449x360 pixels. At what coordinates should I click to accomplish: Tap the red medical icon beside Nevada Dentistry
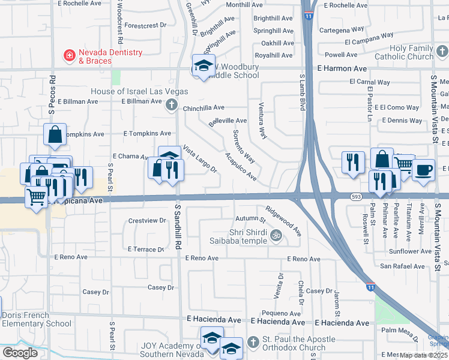pyautogui.click(x=70, y=56)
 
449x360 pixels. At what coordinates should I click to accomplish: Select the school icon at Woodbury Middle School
pyautogui.click(x=203, y=65)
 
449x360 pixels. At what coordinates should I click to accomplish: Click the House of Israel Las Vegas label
pyautogui.click(x=139, y=91)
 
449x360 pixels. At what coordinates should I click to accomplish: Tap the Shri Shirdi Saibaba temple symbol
pyautogui.click(x=276, y=235)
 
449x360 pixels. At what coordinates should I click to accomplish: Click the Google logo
pyautogui.click(x=20, y=352)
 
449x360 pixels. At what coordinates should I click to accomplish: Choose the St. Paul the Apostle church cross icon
pyautogui.click(x=253, y=342)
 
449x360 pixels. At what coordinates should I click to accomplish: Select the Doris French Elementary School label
pyautogui.click(x=36, y=319)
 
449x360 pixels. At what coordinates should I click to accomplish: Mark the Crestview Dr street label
pyautogui.click(x=147, y=220)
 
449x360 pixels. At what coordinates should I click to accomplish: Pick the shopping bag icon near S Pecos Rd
pyautogui.click(x=55, y=136)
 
